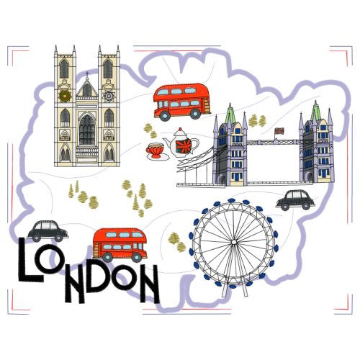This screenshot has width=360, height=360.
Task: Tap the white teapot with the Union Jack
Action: pos(181,143)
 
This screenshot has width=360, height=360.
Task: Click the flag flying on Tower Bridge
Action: pos(279,131)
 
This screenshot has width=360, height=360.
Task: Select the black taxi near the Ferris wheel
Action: pos(295,199)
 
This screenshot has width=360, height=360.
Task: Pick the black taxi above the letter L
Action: pos(48,230)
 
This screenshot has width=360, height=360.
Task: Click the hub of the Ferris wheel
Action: pos(233,242)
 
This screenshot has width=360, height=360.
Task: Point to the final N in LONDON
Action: pos(149,284)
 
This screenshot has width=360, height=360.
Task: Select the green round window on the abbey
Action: pos(65,96)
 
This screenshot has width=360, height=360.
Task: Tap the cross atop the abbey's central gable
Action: pos(87,74)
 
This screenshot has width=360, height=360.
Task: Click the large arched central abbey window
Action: pos(87,130)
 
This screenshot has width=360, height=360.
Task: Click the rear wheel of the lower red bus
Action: pos(107,258)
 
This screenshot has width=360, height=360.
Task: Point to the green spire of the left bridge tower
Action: pos(230,113)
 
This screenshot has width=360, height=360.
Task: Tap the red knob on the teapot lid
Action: pos(180,130)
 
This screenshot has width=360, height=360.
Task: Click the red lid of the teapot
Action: pos(180,132)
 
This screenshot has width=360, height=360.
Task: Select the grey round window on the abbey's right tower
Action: pos(109,96)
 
